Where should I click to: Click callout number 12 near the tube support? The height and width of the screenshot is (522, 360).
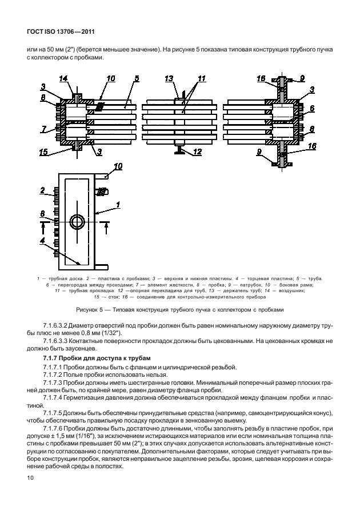198,152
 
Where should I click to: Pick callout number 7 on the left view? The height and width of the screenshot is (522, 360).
43,129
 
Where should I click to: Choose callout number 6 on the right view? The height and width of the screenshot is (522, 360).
311,107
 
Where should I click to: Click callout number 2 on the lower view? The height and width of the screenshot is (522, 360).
43,189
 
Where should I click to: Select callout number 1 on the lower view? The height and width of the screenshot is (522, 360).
118,204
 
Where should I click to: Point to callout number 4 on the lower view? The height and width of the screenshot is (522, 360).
43,240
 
